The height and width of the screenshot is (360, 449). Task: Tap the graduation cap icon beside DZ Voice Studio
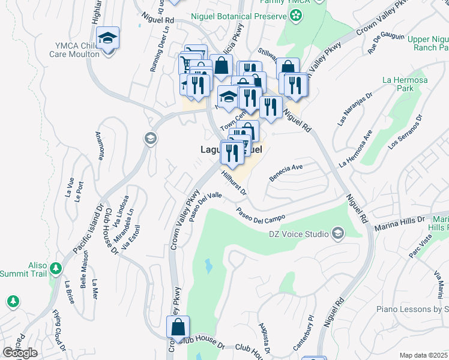[338, 233]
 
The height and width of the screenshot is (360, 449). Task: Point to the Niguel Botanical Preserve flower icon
[294, 17]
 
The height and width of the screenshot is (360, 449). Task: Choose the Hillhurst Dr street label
[234, 184]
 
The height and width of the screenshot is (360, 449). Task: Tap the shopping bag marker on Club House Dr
[178, 329]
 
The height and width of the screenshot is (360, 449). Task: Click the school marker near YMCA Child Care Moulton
[107, 40]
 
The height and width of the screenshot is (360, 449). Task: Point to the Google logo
[20, 353]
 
